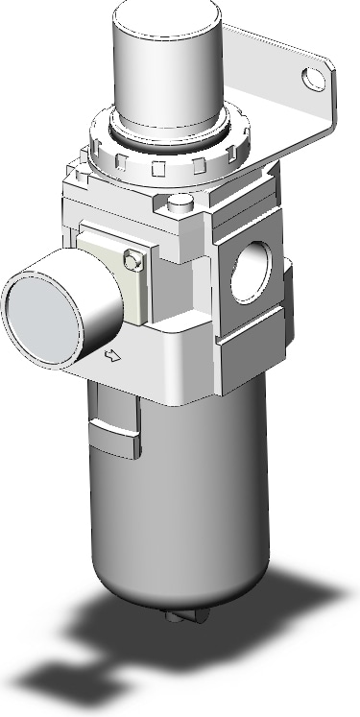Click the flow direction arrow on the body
point(111,357)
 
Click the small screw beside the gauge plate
point(133,258)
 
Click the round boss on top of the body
point(179,203)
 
